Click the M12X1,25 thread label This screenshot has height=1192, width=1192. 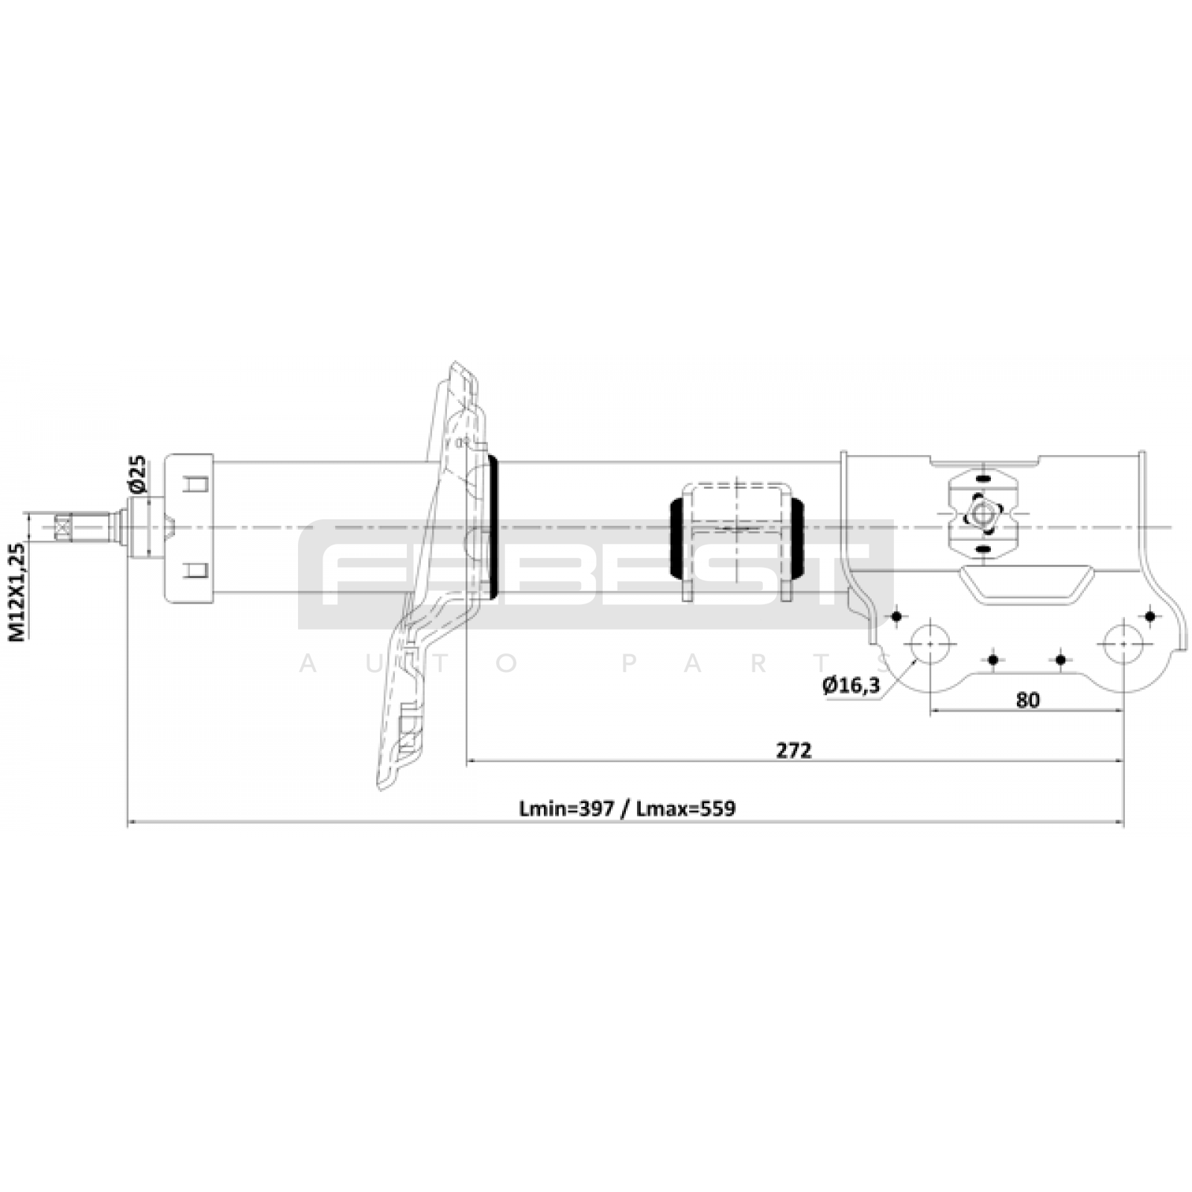(x=18, y=592)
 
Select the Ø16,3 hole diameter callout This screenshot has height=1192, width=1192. (x=851, y=685)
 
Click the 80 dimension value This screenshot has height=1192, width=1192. (x=1027, y=700)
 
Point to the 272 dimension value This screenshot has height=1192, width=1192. (x=793, y=750)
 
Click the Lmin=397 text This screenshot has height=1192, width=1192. (x=567, y=808)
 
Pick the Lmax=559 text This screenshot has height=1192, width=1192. (x=686, y=808)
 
